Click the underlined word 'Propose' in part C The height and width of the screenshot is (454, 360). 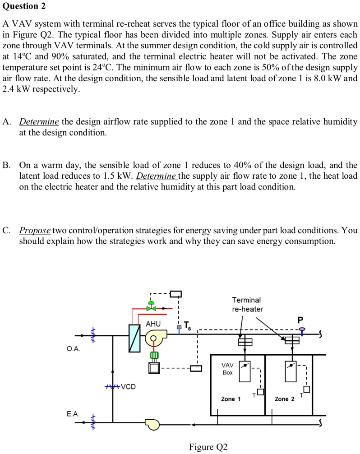click(x=35, y=230)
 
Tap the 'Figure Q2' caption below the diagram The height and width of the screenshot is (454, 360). click(x=208, y=447)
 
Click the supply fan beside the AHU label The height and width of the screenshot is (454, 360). click(x=155, y=337)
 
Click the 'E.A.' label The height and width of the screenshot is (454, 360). click(x=72, y=413)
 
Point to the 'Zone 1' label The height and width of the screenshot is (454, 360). click(x=231, y=399)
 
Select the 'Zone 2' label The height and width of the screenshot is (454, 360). click(x=284, y=399)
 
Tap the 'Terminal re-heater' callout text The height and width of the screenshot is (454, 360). click(x=246, y=304)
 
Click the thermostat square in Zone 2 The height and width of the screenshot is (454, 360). click(x=306, y=389)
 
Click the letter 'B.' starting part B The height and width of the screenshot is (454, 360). click(x=6, y=165)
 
